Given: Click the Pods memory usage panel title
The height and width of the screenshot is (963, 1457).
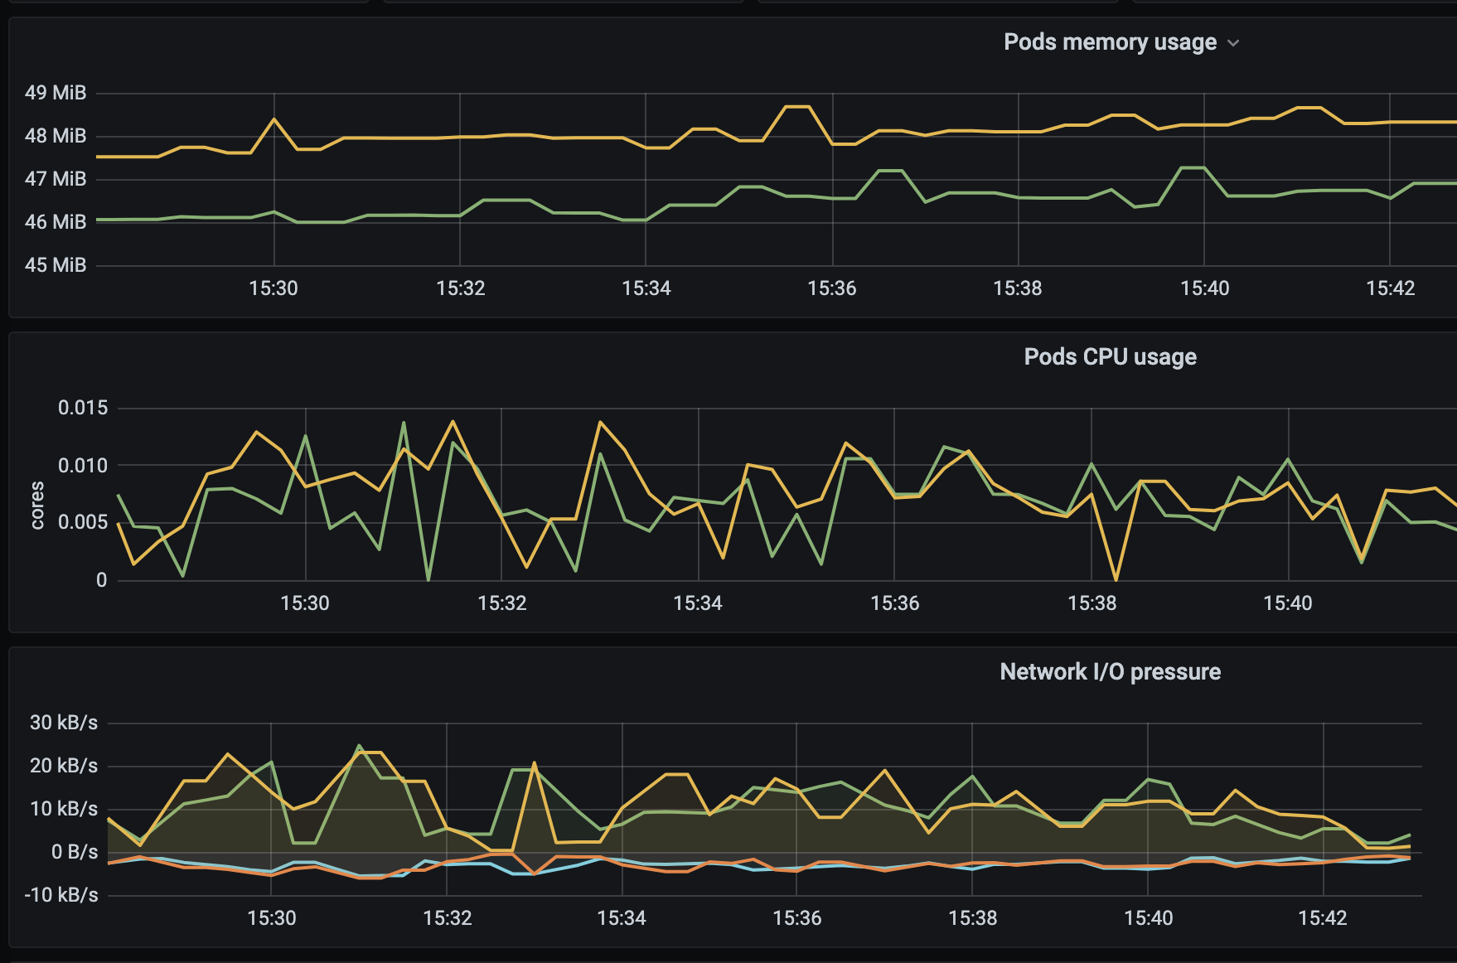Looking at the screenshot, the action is pos(1110,42).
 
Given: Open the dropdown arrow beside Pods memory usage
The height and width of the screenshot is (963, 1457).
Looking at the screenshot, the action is pos(1233,43).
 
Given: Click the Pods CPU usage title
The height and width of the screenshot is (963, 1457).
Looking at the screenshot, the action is pos(1111,357).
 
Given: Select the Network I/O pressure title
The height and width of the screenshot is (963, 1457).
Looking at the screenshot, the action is pos(1111,671).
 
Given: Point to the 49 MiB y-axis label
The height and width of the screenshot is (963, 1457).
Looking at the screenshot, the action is pos(56,93).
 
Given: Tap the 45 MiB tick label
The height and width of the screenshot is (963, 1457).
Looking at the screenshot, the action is pos(56,265).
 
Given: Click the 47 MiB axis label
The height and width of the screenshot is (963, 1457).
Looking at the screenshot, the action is pos(56,179).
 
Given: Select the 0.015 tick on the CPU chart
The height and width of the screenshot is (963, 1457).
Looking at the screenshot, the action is pos(83,408).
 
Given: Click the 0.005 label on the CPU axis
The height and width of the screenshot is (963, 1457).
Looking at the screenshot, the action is pos(83,522).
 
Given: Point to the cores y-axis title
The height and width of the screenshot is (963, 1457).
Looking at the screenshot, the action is pos(37,505).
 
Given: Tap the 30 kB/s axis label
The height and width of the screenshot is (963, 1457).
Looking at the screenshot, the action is pos(64,723).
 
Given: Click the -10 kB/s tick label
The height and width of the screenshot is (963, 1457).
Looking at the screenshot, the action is pos(61,895).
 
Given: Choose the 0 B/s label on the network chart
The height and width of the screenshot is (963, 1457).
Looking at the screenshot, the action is pos(75,852).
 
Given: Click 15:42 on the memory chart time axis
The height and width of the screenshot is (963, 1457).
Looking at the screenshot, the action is pos(1391,288).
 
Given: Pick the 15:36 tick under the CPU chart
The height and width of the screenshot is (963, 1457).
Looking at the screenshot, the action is pos(895,603).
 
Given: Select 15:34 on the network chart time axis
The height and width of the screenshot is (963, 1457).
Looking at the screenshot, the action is pos(622,918).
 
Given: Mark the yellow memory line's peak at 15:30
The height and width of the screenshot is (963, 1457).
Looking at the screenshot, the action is pos(274,119).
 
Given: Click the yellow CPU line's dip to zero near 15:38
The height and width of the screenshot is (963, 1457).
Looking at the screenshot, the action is pos(1116,578).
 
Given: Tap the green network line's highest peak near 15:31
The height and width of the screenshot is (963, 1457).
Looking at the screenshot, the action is pos(359,746).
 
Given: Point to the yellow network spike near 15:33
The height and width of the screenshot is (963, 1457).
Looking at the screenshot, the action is pos(535,763).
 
